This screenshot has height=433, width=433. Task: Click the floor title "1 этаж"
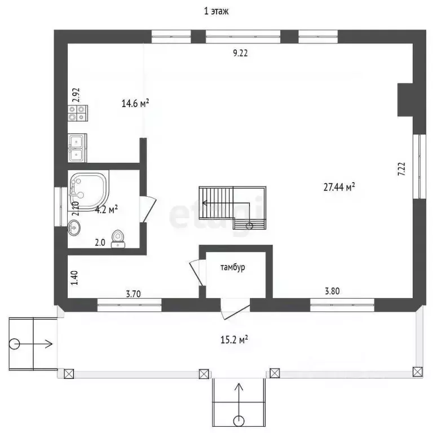(216, 11)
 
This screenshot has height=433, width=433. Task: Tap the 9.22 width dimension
(240, 53)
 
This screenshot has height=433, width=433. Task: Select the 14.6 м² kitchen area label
(135, 104)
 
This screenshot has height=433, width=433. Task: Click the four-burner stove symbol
(78, 113)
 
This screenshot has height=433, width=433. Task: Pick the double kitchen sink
(77, 148)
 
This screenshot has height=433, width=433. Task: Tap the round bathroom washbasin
(74, 228)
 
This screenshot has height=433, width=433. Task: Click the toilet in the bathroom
(118, 239)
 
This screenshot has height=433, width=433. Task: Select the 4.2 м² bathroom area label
(107, 210)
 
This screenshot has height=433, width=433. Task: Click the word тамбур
(232, 267)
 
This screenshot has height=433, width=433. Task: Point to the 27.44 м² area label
(339, 187)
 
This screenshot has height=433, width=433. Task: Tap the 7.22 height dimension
(401, 169)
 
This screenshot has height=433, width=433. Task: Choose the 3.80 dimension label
(332, 291)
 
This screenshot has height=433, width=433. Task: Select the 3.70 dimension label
(134, 294)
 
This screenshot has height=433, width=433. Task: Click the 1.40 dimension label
(74, 278)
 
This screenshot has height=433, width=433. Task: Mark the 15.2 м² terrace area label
(234, 339)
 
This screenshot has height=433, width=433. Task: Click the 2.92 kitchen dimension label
(76, 95)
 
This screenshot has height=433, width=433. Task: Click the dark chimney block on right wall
(405, 100)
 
